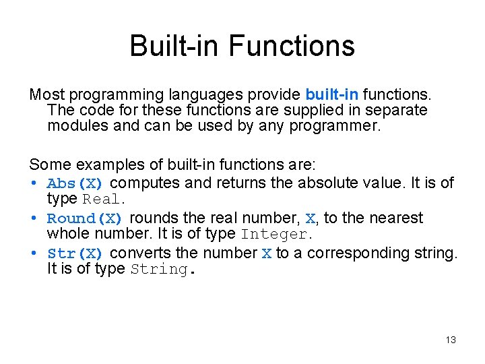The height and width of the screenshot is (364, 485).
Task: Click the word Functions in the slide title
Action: click(291, 47)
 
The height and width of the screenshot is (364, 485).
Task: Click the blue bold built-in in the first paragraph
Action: click(331, 94)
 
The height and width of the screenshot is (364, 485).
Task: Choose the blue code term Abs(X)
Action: click(75, 183)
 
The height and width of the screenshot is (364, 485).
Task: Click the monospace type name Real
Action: click(102, 200)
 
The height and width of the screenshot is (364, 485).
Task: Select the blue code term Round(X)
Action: click(84, 218)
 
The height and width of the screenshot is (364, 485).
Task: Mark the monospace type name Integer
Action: click(276, 235)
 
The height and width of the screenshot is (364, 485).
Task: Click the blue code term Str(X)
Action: click(75, 253)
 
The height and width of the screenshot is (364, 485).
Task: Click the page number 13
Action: click(451, 340)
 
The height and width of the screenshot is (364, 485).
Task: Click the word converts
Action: click(137, 253)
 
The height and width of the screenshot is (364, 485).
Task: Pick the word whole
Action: click(67, 235)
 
